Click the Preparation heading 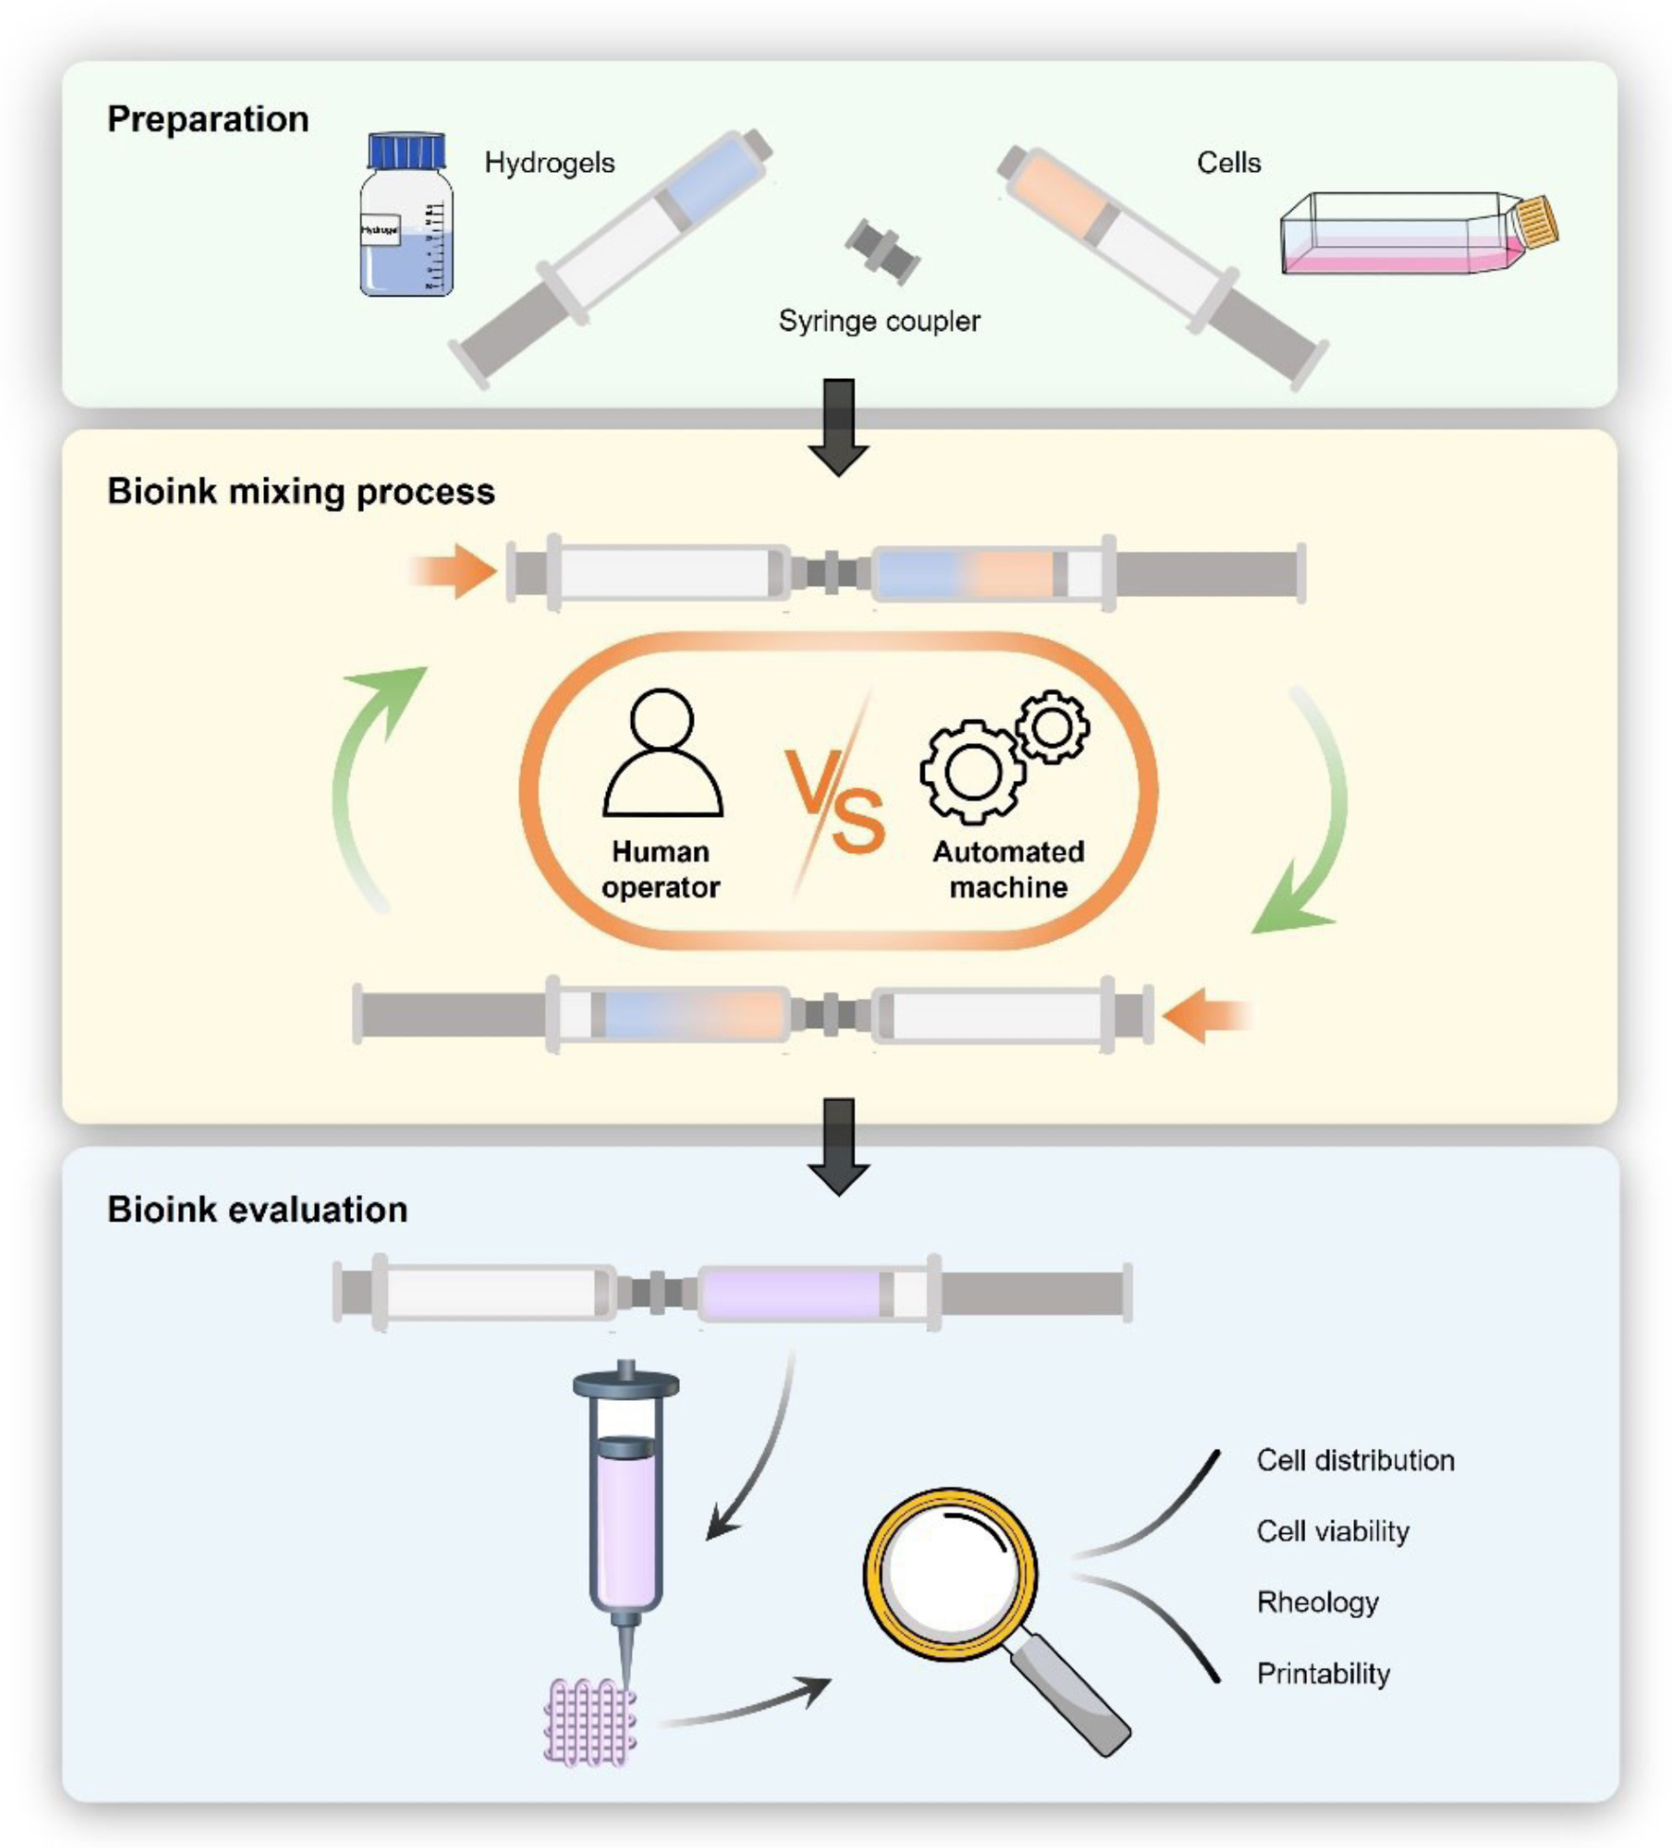208,119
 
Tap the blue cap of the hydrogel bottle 406,151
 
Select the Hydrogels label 550,163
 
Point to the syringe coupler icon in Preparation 882,249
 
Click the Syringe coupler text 878,321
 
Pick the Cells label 1229,163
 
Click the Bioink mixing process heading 301,492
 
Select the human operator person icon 662,752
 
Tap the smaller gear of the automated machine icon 1052,726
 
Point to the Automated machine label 1008,869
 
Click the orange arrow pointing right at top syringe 454,571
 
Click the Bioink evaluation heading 258,1210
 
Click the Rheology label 1317,1602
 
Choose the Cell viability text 1332,1531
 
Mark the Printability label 1323,1673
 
